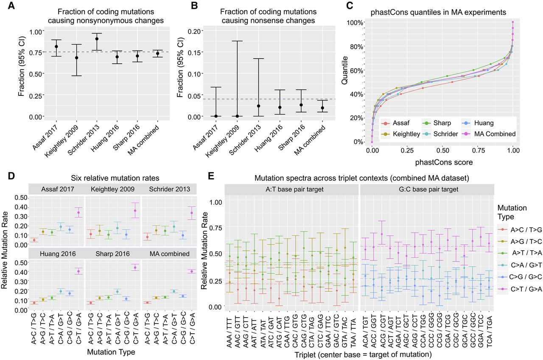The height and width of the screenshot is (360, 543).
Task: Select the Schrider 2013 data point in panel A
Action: [97, 39]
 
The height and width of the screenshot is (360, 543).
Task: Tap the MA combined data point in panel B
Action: [323, 108]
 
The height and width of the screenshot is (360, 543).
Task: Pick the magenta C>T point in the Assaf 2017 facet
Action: [78, 212]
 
